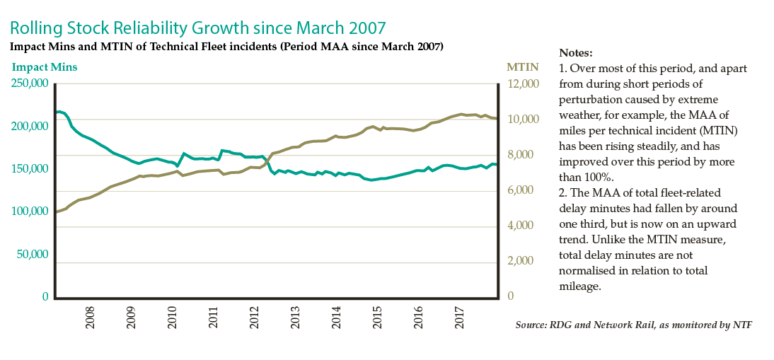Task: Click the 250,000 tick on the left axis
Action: click(x=30, y=83)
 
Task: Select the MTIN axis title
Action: click(x=522, y=67)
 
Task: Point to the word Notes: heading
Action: click(x=576, y=53)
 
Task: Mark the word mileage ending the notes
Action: click(x=579, y=286)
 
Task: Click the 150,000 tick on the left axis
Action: click(x=30, y=169)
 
